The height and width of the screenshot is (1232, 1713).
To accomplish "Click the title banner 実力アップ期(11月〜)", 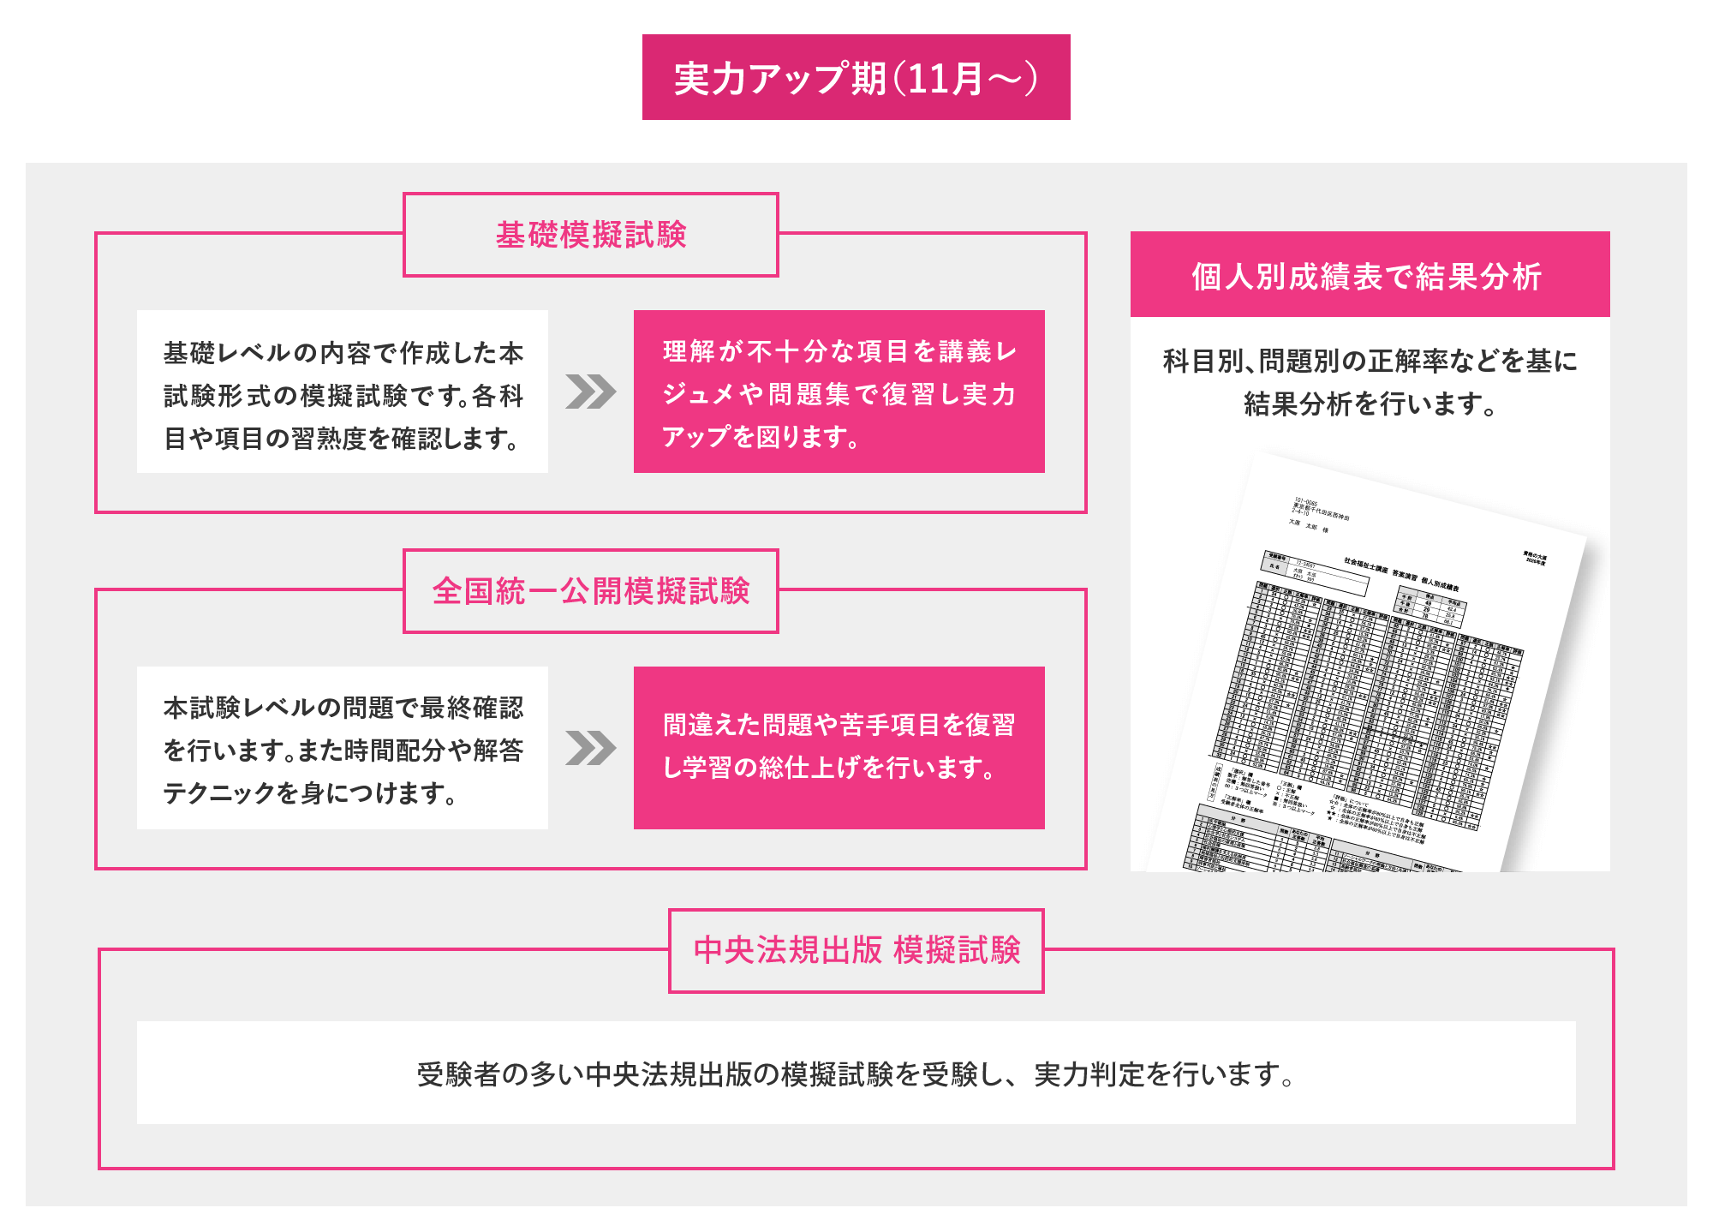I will pos(856,78).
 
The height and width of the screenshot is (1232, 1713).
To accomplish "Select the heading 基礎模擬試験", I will pos(591,235).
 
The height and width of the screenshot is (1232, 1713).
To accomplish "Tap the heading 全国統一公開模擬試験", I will pos(591,591).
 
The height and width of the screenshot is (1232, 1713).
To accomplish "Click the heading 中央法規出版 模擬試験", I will pos(856,950).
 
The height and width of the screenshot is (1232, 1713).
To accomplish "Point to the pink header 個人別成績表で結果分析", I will pos(1370,275).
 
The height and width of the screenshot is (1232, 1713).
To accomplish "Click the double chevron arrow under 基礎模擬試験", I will pos(590,392).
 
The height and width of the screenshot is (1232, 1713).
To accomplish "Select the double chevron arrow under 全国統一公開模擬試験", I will pos(590,748).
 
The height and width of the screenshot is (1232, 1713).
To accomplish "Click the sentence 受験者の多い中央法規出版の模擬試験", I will pos(856,1074).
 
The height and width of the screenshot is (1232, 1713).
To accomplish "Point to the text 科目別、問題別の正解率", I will pos(1370,361).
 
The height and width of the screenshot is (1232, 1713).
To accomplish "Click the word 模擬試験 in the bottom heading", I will pos(957,950).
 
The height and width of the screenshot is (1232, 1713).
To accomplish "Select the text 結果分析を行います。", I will pos(1370,404).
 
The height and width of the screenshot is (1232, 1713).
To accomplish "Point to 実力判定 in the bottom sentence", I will pos(1088,1074).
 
